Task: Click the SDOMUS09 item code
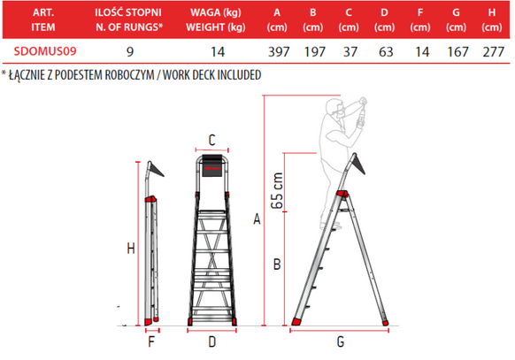pyautogui.click(x=45, y=51)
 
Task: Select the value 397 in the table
pyautogui.click(x=279, y=52)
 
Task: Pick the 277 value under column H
pyautogui.click(x=494, y=52)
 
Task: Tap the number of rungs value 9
pyautogui.click(x=130, y=52)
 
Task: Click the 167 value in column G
pyautogui.click(x=457, y=52)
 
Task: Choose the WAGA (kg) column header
pyautogui.click(x=216, y=12)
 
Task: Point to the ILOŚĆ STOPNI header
pyautogui.click(x=128, y=12)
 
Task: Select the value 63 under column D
pyautogui.click(x=386, y=52)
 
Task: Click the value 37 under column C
pyautogui.click(x=350, y=52)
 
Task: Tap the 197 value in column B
pyautogui.click(x=315, y=52)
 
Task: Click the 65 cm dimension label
pyautogui.click(x=277, y=191)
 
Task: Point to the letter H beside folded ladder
pyautogui.click(x=131, y=249)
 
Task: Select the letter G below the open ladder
pyautogui.click(x=341, y=342)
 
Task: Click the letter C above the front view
pyautogui.click(x=212, y=140)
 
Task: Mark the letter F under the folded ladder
pyautogui.click(x=151, y=342)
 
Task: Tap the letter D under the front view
pyautogui.click(x=212, y=342)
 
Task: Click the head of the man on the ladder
pyautogui.click(x=334, y=108)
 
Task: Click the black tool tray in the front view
pyautogui.click(x=211, y=165)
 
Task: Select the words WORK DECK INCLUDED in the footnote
pyautogui.click(x=212, y=75)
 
